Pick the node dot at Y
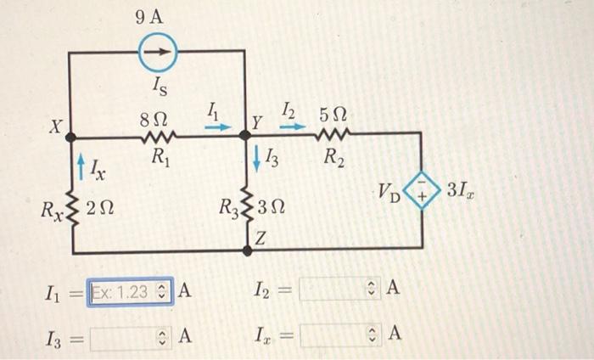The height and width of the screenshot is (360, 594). (246, 134)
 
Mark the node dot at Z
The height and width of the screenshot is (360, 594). (247, 250)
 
